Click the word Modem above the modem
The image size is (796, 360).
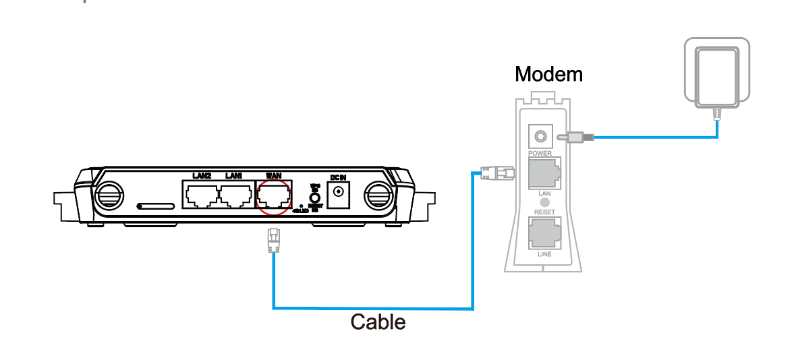548,73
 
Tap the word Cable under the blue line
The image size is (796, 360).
378,322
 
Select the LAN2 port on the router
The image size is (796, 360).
201,196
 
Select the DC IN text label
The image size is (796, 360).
337,177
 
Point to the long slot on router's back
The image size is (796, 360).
156,204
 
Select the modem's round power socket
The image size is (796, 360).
540,137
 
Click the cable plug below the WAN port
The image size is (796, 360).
273,240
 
